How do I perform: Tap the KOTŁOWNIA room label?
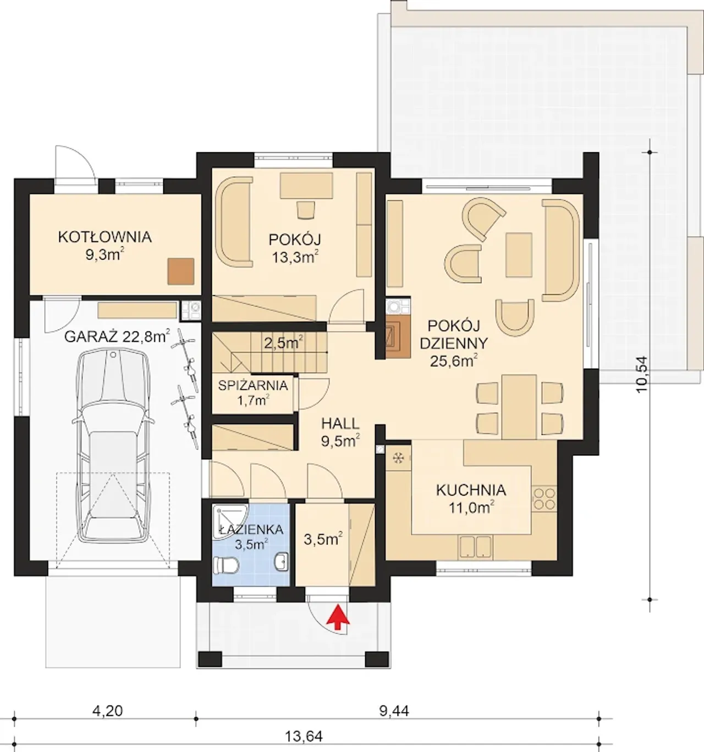pyautogui.click(x=105, y=237)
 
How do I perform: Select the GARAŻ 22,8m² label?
pyautogui.click(x=117, y=336)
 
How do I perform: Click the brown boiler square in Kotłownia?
pyautogui.click(x=181, y=271)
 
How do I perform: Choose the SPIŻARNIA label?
pyautogui.click(x=252, y=386)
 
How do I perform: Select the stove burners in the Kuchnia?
pyautogui.click(x=544, y=498)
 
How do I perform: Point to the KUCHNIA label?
pyautogui.click(x=471, y=490)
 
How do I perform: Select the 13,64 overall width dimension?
pyautogui.click(x=304, y=736)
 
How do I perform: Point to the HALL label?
pyautogui.click(x=340, y=424)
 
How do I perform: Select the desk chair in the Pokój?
pyautogui.click(x=306, y=210)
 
